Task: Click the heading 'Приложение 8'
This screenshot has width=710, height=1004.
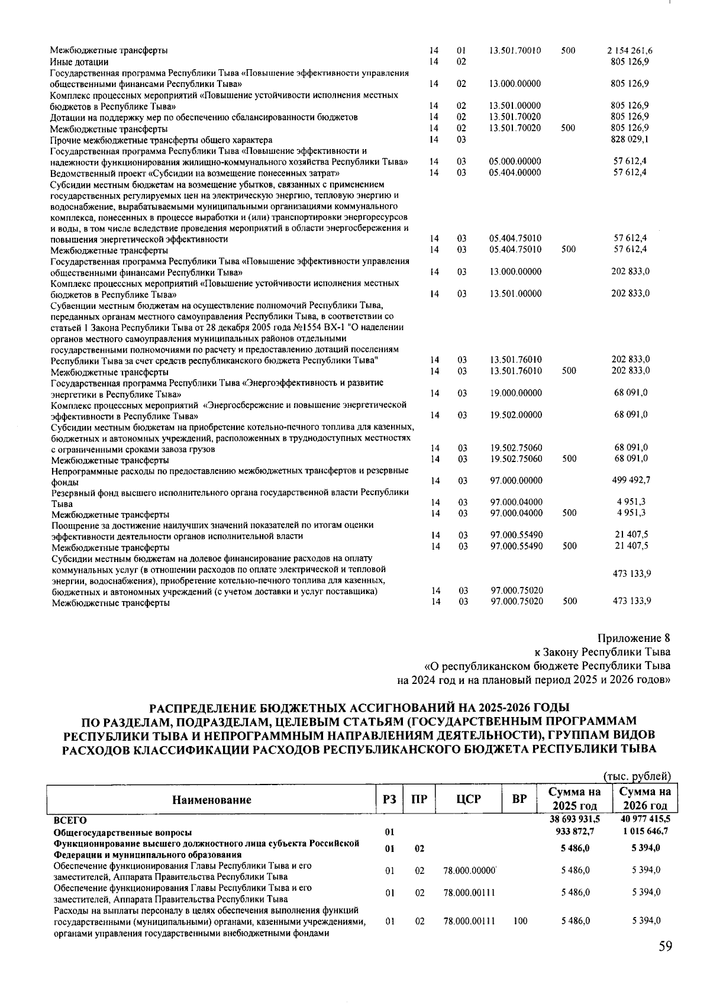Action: tap(634, 638)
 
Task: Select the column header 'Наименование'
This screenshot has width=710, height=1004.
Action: tap(211, 800)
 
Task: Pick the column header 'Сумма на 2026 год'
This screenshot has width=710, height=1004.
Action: tap(645, 799)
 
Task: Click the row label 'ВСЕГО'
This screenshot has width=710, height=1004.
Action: tap(70, 820)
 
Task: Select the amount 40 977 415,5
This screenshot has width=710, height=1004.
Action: tap(645, 820)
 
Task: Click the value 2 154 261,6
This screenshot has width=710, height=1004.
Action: tap(630, 51)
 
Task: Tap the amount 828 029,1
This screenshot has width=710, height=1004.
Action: tap(630, 140)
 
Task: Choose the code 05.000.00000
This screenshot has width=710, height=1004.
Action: tap(515, 162)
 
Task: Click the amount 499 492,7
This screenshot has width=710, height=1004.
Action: tap(630, 480)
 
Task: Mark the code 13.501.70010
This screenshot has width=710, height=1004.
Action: tap(515, 51)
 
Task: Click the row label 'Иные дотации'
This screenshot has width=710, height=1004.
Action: tap(79, 62)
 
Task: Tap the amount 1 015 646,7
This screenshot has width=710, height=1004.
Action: tap(645, 831)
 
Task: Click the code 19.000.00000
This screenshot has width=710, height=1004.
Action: tap(515, 393)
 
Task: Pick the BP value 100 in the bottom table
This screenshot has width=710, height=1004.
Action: tap(521, 921)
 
